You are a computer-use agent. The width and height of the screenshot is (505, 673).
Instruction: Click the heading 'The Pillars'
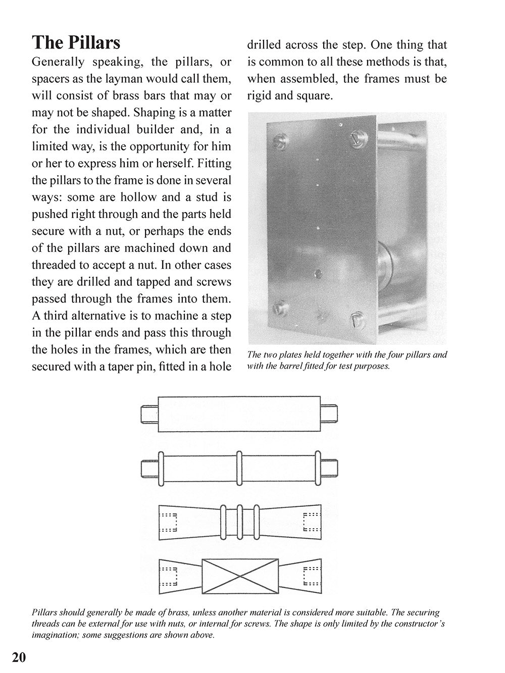click(x=76, y=42)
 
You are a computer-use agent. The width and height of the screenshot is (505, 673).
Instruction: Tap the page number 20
click(x=19, y=658)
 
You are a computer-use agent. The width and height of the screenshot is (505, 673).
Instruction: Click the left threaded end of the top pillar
click(x=149, y=414)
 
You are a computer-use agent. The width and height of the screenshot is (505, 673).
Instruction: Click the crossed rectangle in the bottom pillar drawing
click(x=240, y=576)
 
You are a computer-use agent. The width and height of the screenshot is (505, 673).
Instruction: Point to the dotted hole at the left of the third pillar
click(x=169, y=522)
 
